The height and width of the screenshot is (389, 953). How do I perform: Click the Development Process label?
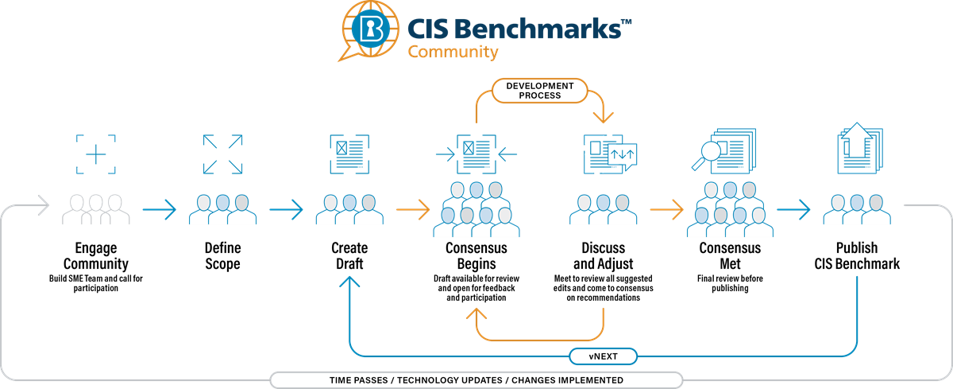click(x=540, y=90)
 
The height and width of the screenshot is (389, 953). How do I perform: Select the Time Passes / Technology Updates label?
click(x=476, y=380)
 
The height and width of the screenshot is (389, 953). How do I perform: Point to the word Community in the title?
click(x=453, y=53)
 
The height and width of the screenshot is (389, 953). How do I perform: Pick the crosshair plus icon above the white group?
click(x=96, y=154)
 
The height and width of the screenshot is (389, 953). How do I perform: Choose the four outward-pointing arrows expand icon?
click(x=222, y=154)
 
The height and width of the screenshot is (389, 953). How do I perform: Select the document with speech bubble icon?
click(x=611, y=154)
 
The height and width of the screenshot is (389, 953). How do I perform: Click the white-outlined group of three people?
click(x=96, y=209)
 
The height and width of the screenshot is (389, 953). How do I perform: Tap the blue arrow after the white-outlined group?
click(x=160, y=211)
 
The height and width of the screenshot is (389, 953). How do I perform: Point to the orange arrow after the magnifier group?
click(x=667, y=211)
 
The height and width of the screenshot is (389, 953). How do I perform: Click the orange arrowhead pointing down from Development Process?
click(x=604, y=116)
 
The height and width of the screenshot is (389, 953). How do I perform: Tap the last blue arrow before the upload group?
click(x=794, y=211)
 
